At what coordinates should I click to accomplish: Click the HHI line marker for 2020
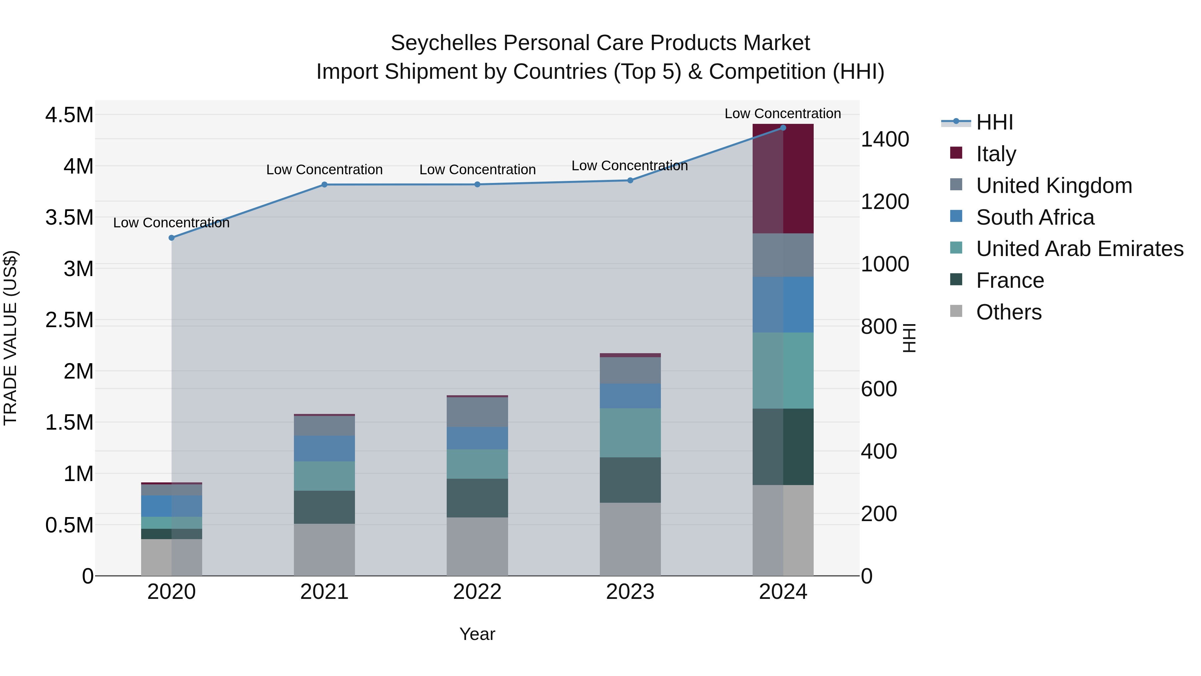click(171, 238)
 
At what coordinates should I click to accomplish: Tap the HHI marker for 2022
click(477, 185)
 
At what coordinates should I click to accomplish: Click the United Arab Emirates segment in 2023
click(630, 433)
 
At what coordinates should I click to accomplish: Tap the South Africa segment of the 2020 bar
click(171, 506)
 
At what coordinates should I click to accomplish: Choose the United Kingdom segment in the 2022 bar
click(477, 412)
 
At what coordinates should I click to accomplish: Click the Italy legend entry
click(996, 154)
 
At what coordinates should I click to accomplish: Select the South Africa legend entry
click(1035, 217)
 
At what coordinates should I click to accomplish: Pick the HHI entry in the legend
click(994, 122)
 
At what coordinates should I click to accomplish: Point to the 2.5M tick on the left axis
click(69, 320)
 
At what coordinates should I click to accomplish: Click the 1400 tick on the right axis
click(884, 140)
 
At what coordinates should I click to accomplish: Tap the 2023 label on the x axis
click(630, 592)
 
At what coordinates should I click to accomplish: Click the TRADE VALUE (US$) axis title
click(11, 338)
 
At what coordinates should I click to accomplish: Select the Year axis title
click(477, 634)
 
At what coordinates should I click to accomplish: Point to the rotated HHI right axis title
click(909, 338)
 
